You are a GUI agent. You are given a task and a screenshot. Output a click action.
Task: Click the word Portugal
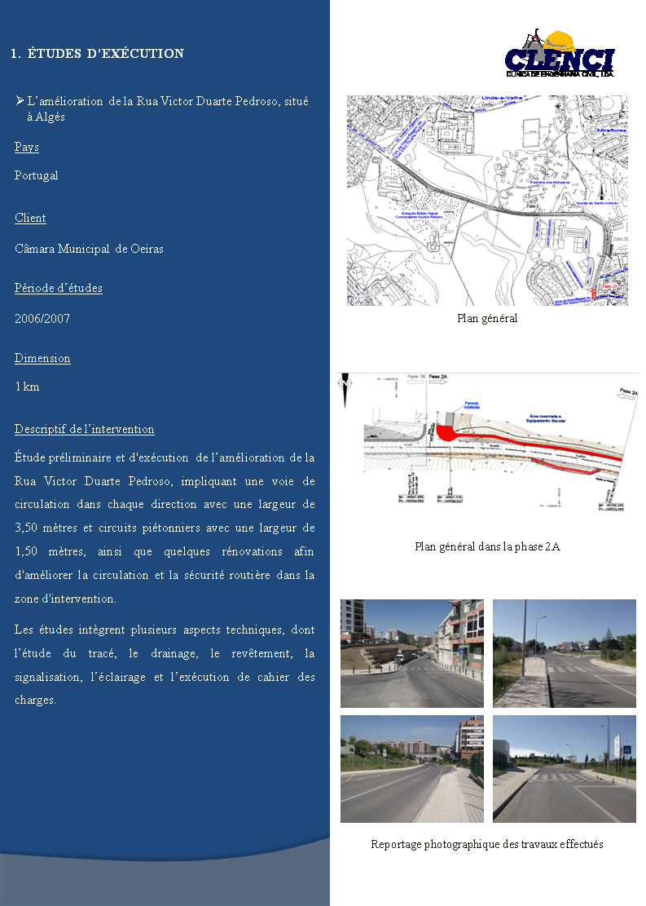(x=37, y=175)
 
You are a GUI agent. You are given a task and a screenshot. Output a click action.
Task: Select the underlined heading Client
(x=30, y=218)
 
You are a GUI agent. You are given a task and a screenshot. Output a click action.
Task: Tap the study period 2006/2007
(x=42, y=319)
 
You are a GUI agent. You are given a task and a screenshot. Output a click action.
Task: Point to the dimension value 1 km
(x=27, y=387)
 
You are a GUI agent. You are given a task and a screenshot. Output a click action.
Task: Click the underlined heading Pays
(x=27, y=148)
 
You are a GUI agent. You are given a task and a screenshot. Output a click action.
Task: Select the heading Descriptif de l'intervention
(x=84, y=429)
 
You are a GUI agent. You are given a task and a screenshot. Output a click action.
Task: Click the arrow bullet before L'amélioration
(x=20, y=101)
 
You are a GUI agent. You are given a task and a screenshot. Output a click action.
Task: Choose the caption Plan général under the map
(x=487, y=318)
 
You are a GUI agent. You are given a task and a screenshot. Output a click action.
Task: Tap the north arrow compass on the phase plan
(x=346, y=382)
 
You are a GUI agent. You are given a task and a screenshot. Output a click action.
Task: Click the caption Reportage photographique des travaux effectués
(x=487, y=844)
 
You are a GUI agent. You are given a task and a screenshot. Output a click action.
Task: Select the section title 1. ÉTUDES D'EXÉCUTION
(x=98, y=54)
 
